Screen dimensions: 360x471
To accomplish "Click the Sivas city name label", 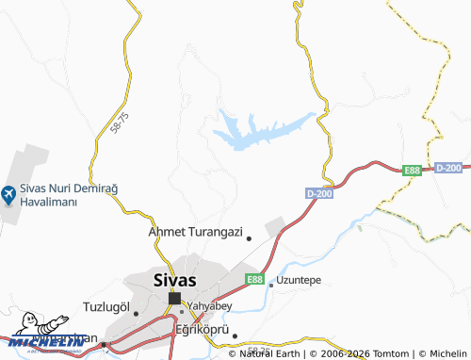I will coord(174,279).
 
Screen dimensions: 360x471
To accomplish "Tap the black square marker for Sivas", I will coord(174,298).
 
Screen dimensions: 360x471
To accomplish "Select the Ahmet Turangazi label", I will coord(196,231).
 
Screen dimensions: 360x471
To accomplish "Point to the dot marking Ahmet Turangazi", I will coord(249,238).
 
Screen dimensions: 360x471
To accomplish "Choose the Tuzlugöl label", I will coord(105,307).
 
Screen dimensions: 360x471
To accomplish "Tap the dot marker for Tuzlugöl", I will coord(136,314).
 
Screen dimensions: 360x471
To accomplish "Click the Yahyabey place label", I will coord(210,306).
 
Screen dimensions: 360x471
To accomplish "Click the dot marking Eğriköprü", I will coord(235,335).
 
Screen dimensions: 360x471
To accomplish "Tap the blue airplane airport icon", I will coord(8,195).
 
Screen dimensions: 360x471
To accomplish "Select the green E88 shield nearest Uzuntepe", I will coord(254,280).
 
